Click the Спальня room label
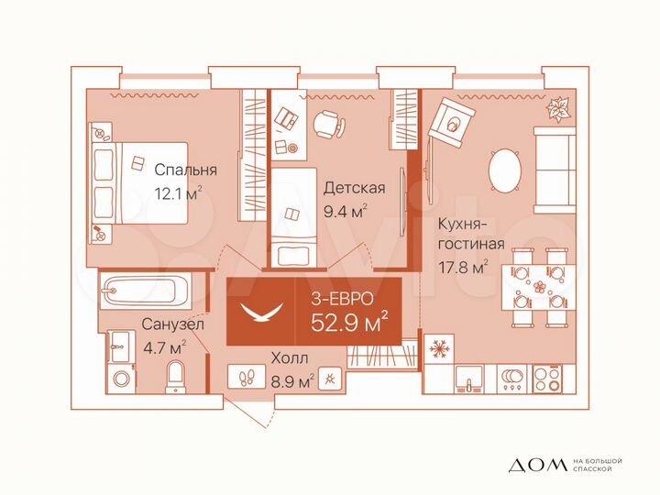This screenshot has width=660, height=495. click(185, 170)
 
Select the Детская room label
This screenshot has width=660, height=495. click(354, 188)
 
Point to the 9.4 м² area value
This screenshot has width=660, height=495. click(346, 212)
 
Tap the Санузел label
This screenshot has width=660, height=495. click(172, 324)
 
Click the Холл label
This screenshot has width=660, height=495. click(289, 358)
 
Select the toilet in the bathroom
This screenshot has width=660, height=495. click(177, 376)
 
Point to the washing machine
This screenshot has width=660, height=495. click(120, 378)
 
